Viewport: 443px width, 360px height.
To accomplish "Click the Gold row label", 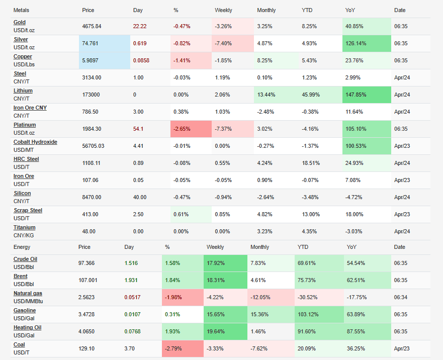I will pos(20,23).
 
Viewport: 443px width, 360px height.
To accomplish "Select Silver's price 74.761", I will pos(91,44).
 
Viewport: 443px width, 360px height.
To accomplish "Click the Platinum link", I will pos(25,125).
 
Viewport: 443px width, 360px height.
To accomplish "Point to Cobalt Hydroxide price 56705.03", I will pos(94,146).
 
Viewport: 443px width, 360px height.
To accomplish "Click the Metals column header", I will pos(21,10).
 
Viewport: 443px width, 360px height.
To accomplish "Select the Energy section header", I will pos(22,247).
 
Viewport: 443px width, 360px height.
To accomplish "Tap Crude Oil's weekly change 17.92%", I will pos(217,263).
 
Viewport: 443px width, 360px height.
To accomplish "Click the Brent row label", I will pos(21,277).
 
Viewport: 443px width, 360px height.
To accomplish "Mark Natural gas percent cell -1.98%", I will pos(173,298).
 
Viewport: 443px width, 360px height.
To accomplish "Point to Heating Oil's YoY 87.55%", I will pos(357,332).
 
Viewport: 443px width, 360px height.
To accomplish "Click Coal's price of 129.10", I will pos(86,349).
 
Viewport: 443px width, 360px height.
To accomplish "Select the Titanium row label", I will pos(25,228).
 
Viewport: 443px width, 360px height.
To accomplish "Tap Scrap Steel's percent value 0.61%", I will pos(181,215).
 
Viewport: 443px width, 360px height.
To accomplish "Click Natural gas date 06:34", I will pos(401,298).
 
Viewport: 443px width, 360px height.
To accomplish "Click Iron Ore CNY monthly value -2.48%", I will pos(267,112).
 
